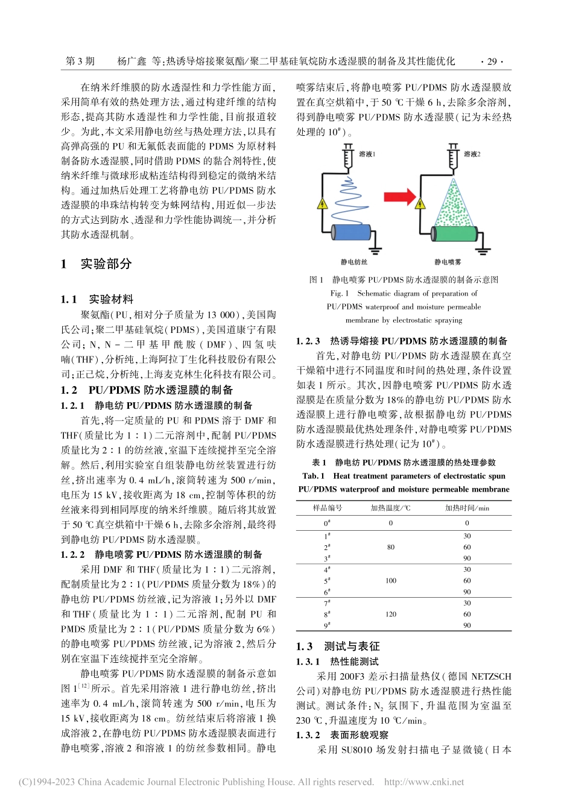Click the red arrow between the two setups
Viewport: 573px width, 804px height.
pos(400,197)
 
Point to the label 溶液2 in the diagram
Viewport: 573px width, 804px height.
pos(472,154)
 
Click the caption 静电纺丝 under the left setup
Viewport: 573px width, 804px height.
pos(354,262)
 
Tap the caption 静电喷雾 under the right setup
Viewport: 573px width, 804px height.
pos(448,262)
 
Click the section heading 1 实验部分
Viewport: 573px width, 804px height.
pos(97,264)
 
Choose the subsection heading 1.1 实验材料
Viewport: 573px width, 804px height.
pos(97,299)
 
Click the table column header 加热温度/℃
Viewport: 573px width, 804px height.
pos(390,508)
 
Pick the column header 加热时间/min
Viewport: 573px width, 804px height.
pos(467,508)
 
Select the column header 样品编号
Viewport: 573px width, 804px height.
pos(328,508)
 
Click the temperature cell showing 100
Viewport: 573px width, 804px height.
pos(391,581)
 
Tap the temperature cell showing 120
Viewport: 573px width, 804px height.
pos(391,615)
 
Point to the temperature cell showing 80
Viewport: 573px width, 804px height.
pos(391,547)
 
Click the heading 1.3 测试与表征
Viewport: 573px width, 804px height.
pos(338,647)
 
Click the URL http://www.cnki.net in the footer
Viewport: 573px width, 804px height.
pos(424,782)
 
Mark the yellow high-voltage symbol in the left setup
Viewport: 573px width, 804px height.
pos(322,204)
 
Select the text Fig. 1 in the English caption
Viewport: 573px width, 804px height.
pos(339,294)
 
